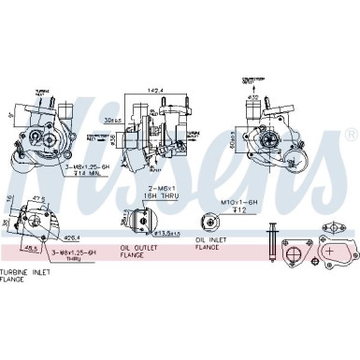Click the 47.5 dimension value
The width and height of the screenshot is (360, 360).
click(38, 200)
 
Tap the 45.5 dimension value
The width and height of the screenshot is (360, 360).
click(32, 249)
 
